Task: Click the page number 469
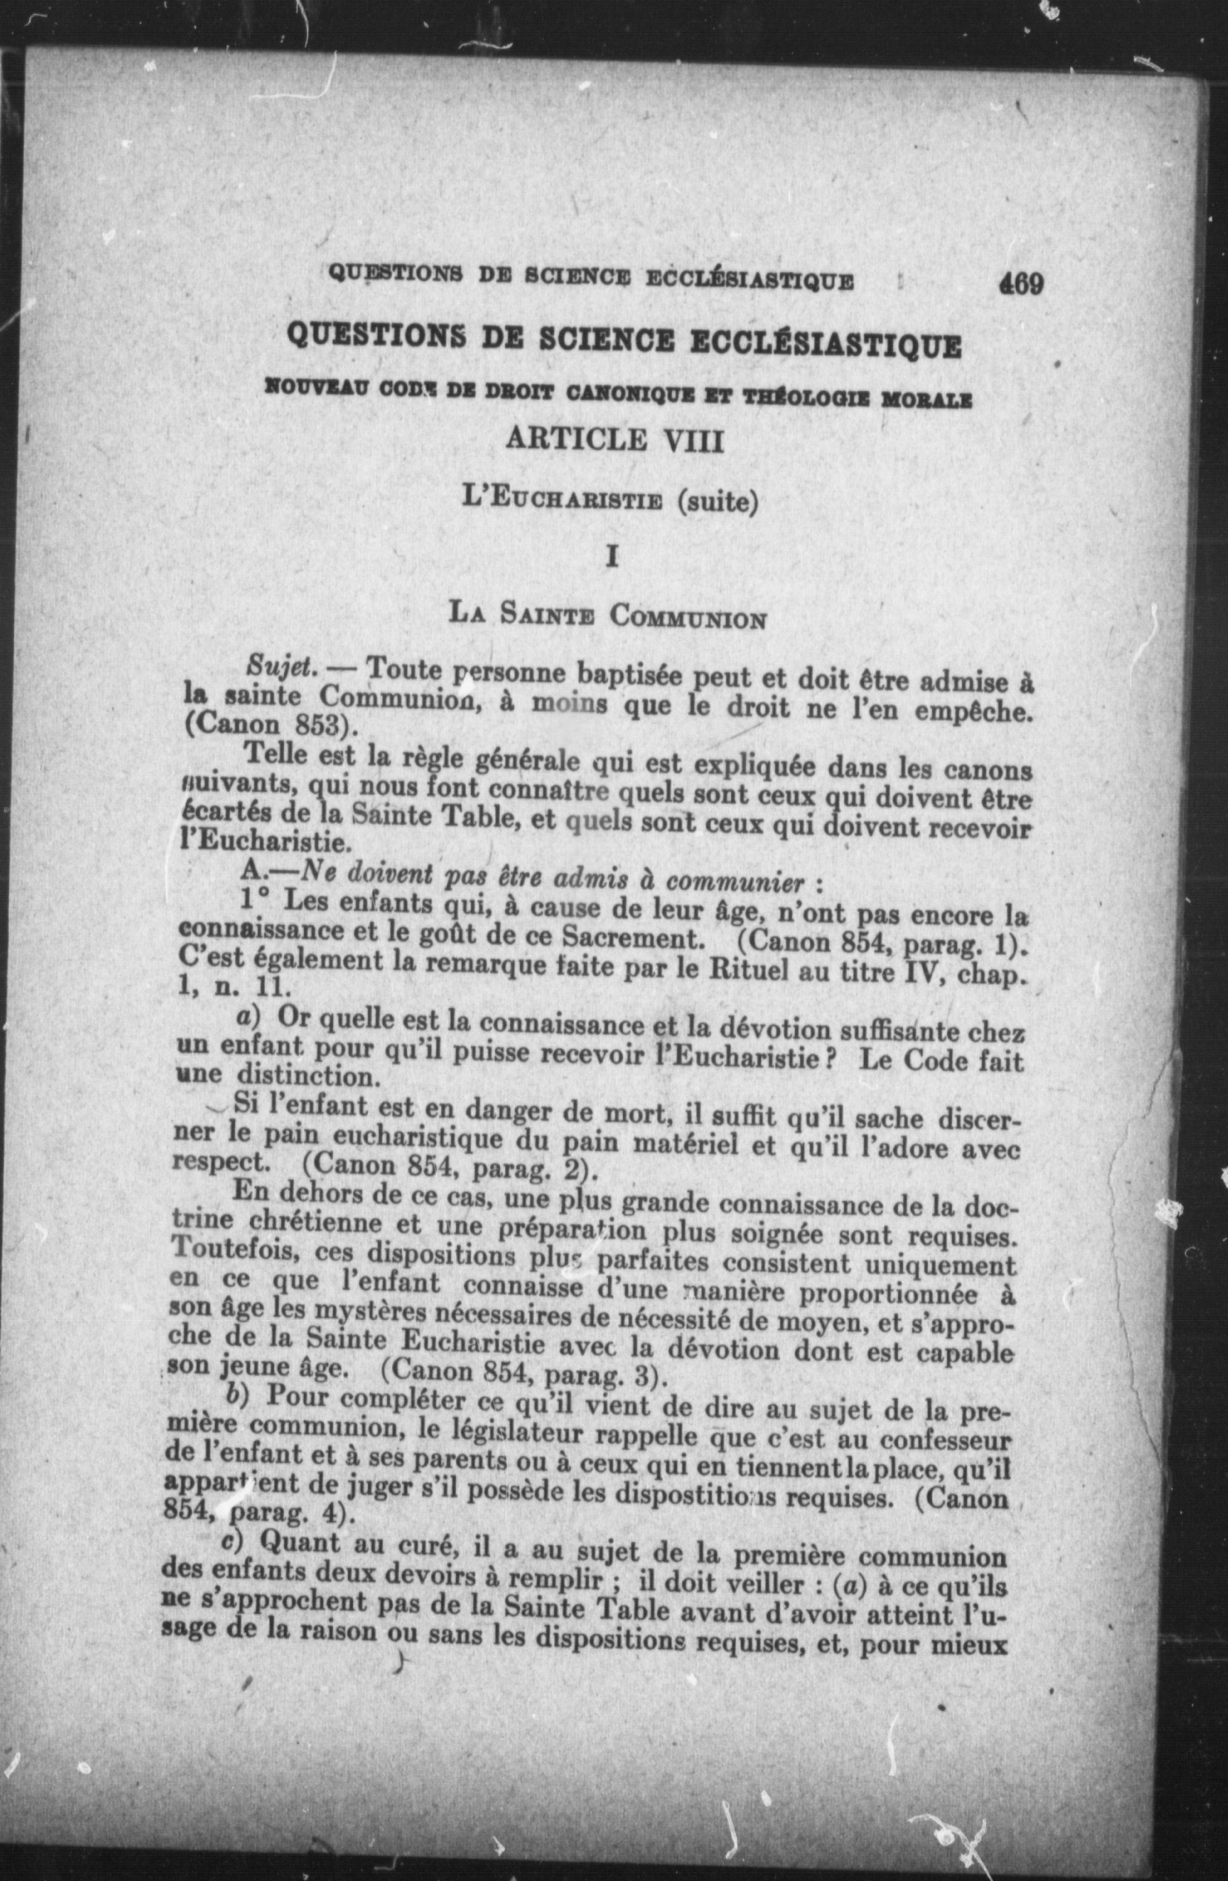[x=1021, y=282]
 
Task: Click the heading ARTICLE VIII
[x=614, y=439]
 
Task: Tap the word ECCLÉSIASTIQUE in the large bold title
[x=826, y=346]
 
